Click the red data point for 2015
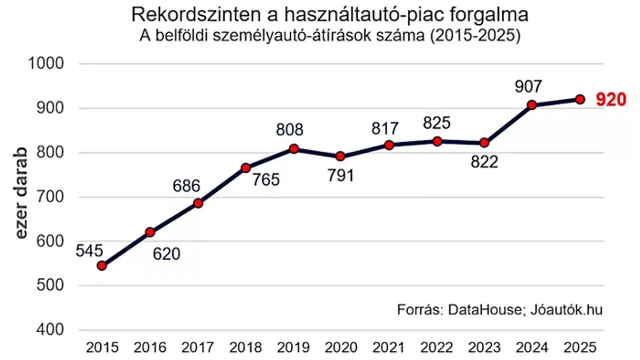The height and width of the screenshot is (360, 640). (x=102, y=265)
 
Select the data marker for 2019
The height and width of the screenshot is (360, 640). (x=294, y=149)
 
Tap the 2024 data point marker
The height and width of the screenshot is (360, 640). (x=532, y=105)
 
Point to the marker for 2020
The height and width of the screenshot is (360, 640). (x=341, y=156)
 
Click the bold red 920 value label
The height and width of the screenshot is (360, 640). (x=611, y=100)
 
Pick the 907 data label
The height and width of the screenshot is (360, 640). (x=528, y=86)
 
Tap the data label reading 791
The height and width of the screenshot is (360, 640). (x=340, y=175)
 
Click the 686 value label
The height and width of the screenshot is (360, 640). (x=186, y=186)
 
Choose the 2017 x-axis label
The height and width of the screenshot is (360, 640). (x=198, y=348)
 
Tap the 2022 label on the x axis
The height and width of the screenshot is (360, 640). (x=437, y=348)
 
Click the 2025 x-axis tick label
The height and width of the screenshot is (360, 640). (x=580, y=348)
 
